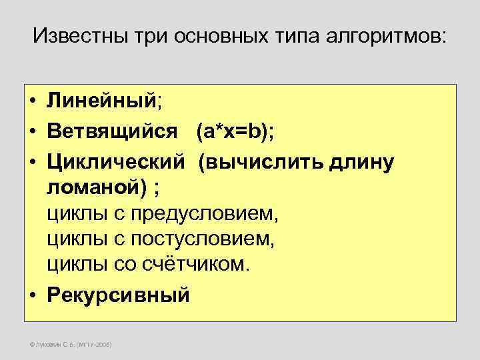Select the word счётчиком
click(x=195, y=263)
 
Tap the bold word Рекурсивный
click(x=119, y=294)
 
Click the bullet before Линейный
click(x=32, y=102)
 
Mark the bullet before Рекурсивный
click(x=32, y=295)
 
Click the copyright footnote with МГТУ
click(x=67, y=345)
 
